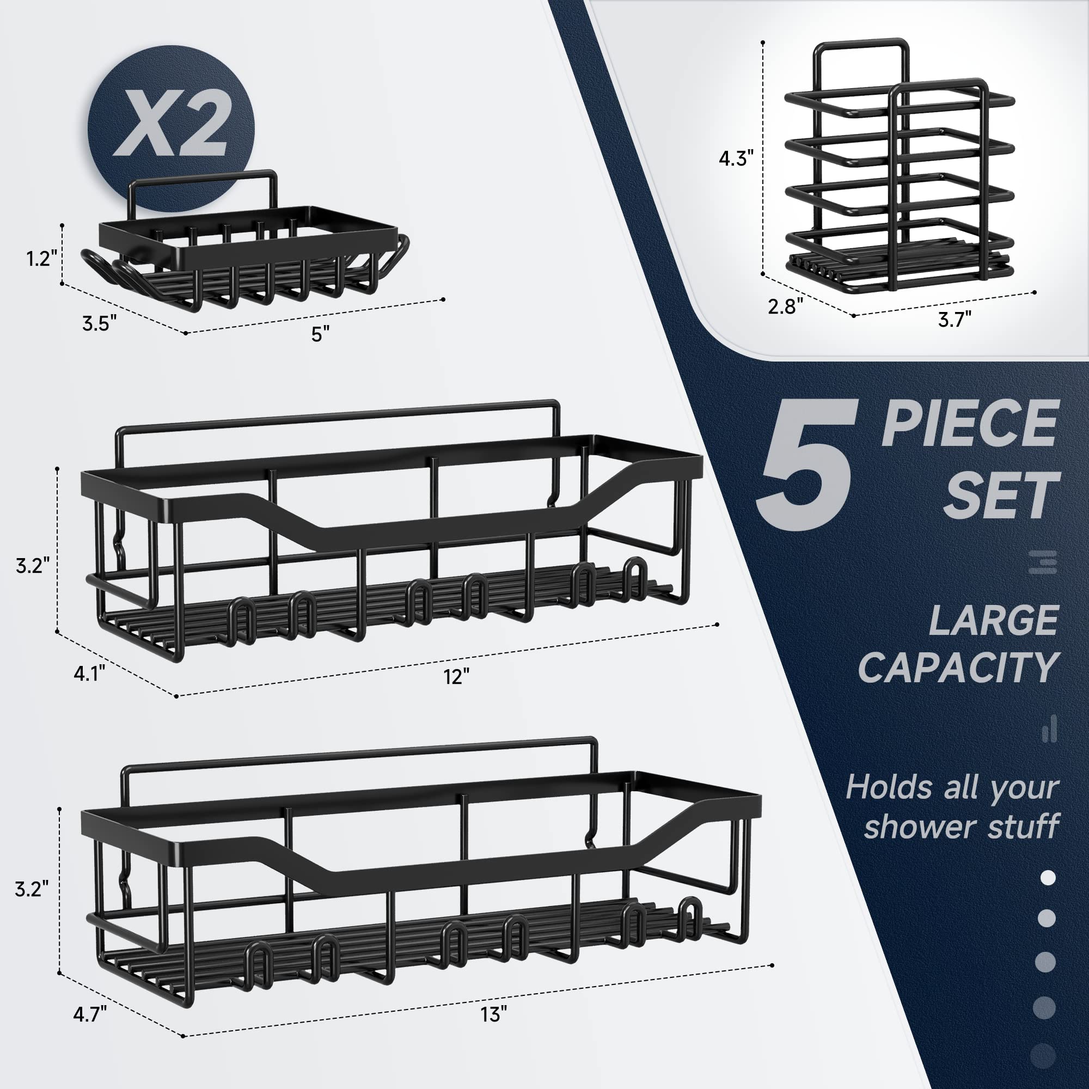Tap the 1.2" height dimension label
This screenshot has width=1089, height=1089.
coord(42,259)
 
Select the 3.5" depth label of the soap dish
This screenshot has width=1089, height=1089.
coord(99,323)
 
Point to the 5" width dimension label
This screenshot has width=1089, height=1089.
coord(320,334)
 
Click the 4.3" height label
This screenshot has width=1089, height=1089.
coord(736,158)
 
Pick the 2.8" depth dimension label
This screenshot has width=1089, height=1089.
coord(785,306)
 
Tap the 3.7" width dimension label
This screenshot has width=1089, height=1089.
coord(955,320)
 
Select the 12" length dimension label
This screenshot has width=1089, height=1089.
coord(456,676)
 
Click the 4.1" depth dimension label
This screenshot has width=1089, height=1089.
coord(89,672)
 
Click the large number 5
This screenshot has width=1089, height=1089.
coord(806,466)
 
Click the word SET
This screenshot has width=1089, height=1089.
coord(1002,495)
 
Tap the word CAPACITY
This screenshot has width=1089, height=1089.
coord(958,668)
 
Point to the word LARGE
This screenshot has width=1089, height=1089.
coord(993,620)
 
